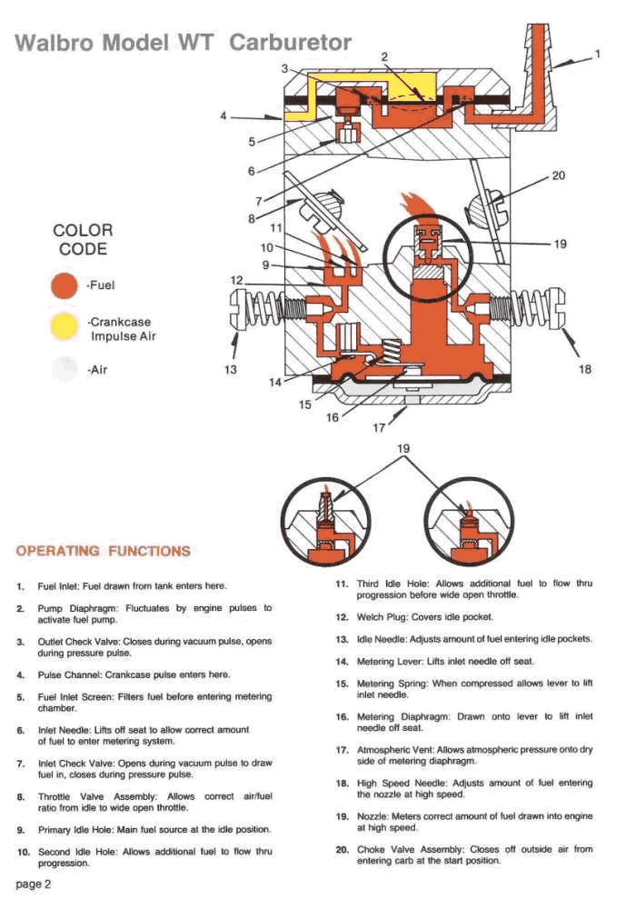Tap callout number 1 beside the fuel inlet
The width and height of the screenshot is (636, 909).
[598, 55]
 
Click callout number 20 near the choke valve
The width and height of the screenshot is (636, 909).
[559, 176]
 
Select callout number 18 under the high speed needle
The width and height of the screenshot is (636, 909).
[584, 369]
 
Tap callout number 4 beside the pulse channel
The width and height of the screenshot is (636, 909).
[224, 116]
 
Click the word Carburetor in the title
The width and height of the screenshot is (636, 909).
[290, 43]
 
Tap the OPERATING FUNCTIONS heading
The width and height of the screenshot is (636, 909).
[104, 551]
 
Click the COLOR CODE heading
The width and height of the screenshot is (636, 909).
[83, 240]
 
